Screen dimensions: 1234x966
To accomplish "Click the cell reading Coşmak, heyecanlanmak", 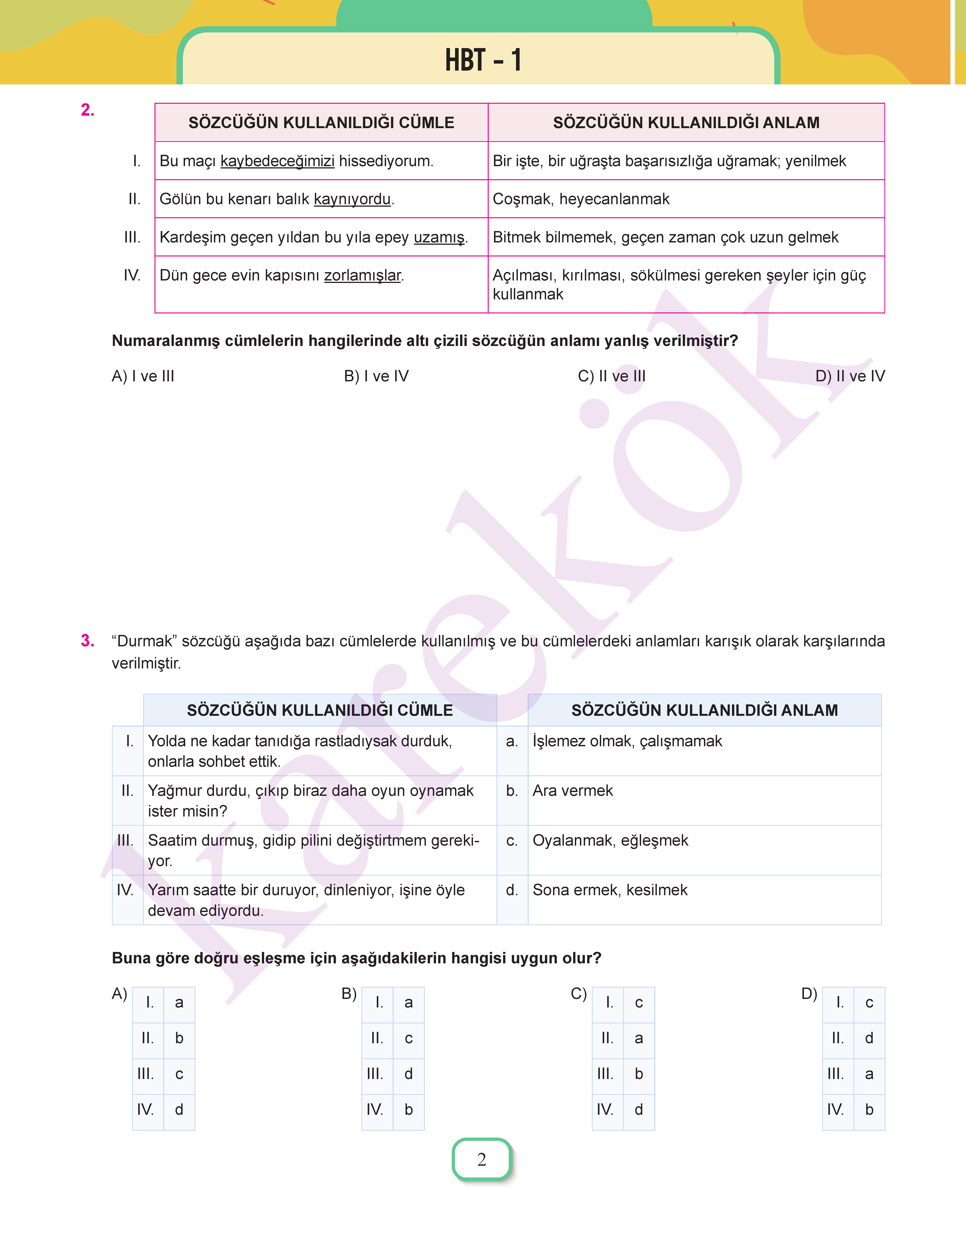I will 581,199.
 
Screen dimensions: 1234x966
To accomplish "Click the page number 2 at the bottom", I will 482,1159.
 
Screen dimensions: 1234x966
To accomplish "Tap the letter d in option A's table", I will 179,1110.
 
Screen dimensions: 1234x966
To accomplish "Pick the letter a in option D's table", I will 869,1074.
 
